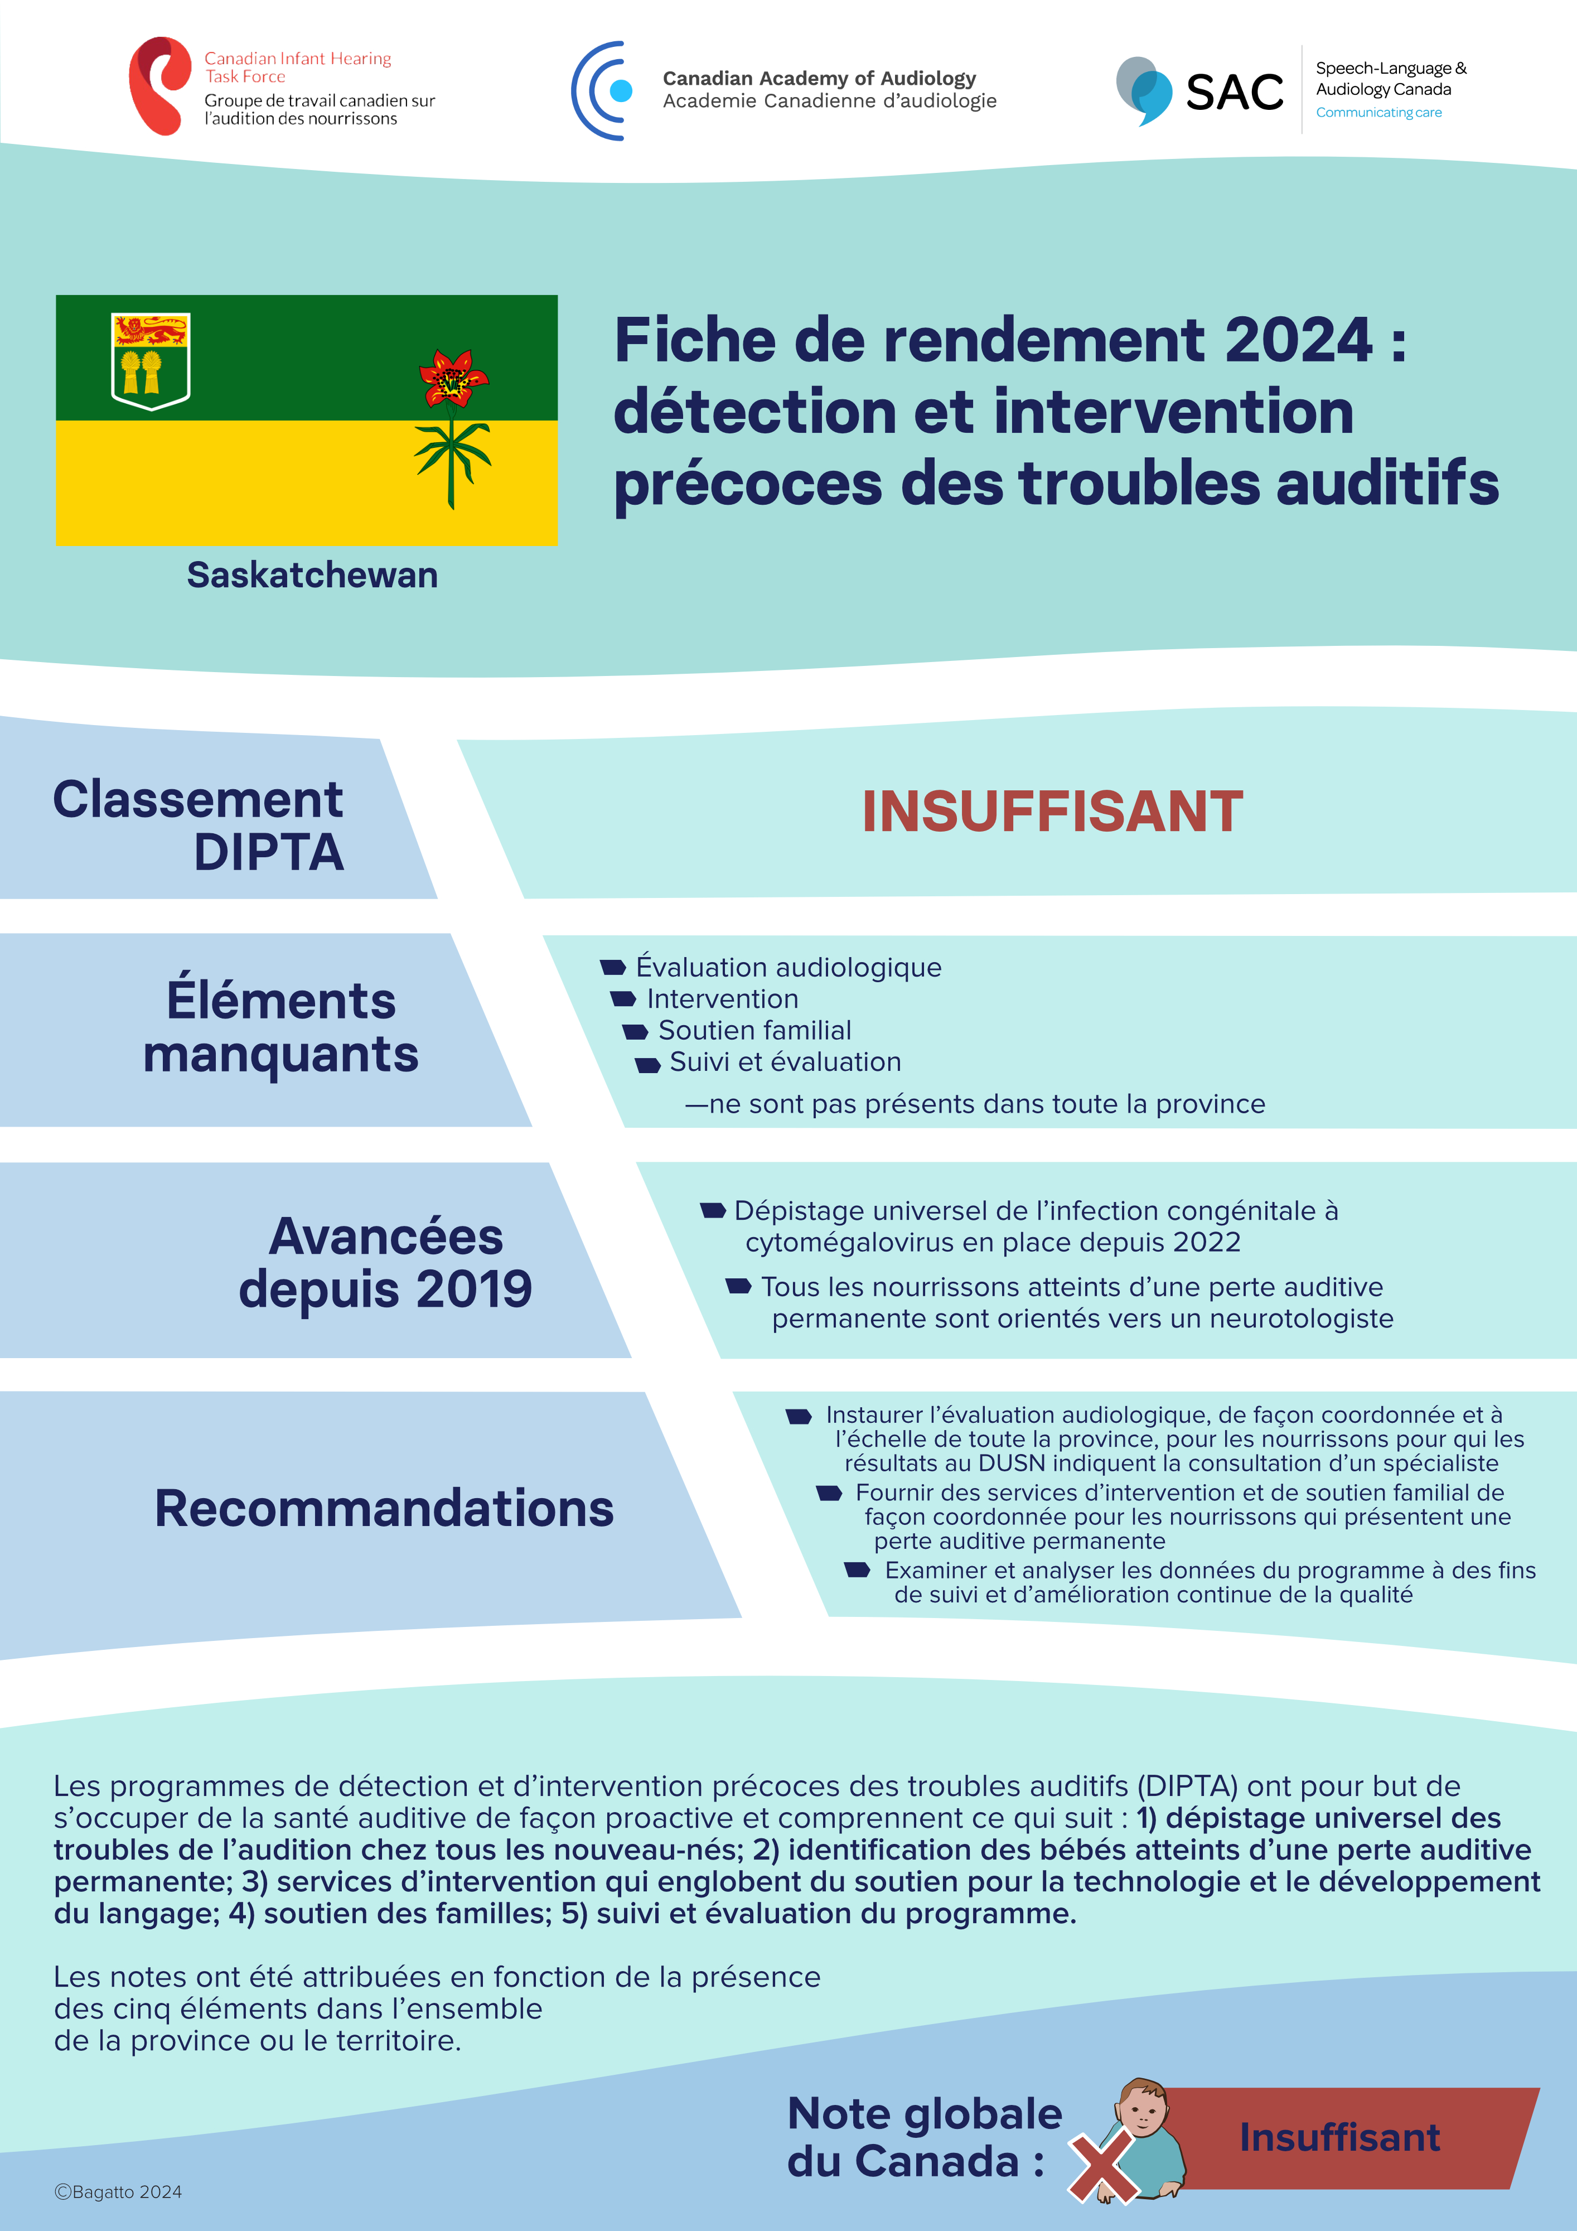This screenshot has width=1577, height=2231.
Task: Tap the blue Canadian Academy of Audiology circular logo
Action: coord(602,90)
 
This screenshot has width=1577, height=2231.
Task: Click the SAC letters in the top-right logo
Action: coord(1234,93)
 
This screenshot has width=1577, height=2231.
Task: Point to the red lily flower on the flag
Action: coord(453,377)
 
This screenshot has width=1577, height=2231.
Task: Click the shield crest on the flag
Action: coord(151,360)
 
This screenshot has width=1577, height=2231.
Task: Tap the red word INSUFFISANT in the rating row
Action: coord(1052,812)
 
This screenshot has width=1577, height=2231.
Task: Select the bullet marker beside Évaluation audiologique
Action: coord(613,967)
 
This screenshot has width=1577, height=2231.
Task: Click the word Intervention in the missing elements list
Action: coord(723,999)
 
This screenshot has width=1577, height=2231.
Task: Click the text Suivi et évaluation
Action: coord(785,1062)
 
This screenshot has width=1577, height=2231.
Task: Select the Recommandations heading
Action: coord(384,1508)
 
